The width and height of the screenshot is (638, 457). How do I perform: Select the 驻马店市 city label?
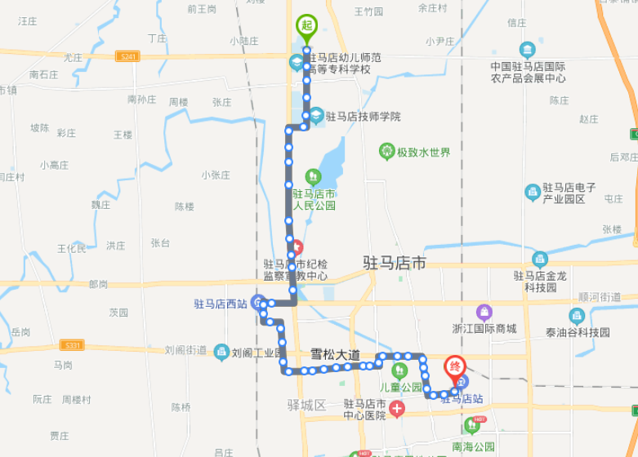(x=395, y=263)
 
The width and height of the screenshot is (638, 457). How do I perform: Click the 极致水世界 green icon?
(x=387, y=152)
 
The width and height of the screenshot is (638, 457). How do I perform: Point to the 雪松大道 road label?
(x=335, y=355)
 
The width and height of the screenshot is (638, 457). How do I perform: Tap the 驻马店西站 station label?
(x=220, y=304)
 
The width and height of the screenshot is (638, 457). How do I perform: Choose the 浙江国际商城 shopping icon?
(x=484, y=313)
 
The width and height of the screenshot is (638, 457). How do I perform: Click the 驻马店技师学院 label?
(x=363, y=117)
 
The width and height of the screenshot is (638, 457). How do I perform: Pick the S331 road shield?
(x=73, y=345)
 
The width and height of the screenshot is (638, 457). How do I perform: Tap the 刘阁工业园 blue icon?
(x=221, y=352)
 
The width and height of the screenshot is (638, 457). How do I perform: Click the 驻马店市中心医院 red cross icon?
(x=397, y=408)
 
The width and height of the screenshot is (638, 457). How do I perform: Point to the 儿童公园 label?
(x=400, y=387)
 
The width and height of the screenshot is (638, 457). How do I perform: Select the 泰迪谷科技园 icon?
(x=577, y=316)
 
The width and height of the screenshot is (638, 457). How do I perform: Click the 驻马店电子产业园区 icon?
(x=532, y=193)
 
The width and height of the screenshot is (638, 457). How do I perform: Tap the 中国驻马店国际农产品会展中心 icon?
(x=527, y=50)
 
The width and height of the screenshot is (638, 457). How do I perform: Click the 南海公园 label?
(x=473, y=446)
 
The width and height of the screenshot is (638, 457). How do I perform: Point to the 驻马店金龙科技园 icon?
(x=540, y=260)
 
